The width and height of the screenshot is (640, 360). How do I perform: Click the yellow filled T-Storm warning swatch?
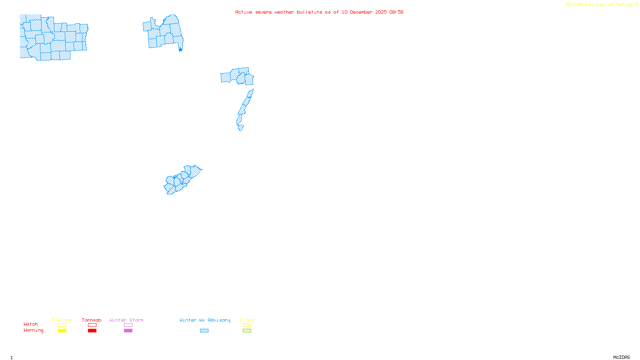(x=62, y=331)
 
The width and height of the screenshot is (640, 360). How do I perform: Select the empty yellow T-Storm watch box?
(x=62, y=325)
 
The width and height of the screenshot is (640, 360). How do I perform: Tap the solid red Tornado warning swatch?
(x=92, y=331)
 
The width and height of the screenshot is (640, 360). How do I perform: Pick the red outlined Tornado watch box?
(x=92, y=325)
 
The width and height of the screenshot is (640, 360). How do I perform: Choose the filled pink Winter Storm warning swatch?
(x=128, y=331)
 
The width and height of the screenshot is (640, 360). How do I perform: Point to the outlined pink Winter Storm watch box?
(x=128, y=325)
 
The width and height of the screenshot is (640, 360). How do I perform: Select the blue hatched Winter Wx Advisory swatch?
(x=204, y=331)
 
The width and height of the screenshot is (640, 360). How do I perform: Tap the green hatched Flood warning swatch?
(x=247, y=331)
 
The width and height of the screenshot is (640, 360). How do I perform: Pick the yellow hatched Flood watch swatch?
(x=247, y=325)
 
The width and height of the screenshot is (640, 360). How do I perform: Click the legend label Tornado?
(x=92, y=320)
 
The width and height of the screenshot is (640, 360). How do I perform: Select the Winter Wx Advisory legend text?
(x=205, y=320)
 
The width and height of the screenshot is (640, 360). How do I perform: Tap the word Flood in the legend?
(x=247, y=320)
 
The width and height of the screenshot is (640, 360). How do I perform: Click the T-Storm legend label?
(x=62, y=320)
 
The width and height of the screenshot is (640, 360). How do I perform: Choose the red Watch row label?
(x=31, y=324)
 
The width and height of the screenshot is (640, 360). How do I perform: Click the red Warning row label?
(x=34, y=330)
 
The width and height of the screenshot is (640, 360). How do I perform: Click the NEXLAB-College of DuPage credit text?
(x=600, y=5)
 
